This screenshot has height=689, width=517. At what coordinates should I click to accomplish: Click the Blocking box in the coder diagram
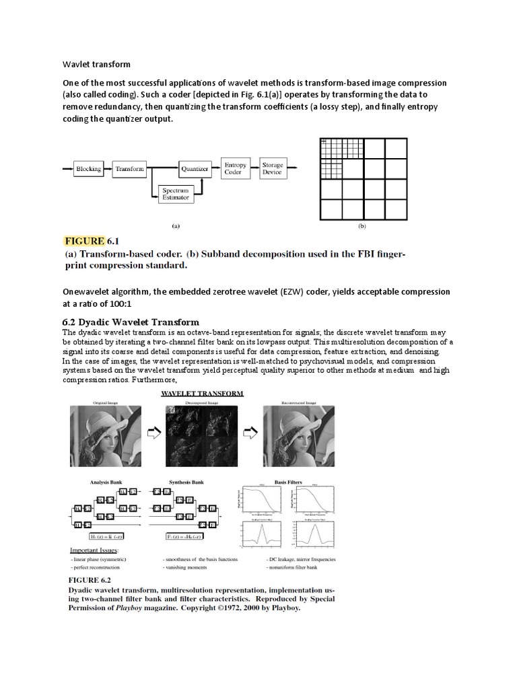(88, 169)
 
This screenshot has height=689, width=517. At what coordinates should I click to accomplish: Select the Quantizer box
(194, 169)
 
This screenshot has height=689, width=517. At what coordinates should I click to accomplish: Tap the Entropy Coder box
(235, 169)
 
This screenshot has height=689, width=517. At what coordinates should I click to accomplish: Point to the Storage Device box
(272, 169)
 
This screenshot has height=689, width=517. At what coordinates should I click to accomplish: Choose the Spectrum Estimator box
(174, 195)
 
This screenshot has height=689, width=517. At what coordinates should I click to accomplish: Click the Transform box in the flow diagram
(130, 169)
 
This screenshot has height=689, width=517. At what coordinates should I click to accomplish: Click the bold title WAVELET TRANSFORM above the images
(201, 393)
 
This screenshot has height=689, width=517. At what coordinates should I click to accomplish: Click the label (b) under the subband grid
(361, 227)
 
